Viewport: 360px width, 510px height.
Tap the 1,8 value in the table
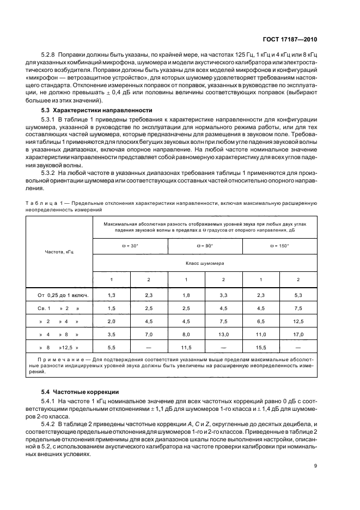click(x=186, y=295)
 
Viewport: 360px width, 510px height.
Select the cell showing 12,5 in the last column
click(x=298, y=321)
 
